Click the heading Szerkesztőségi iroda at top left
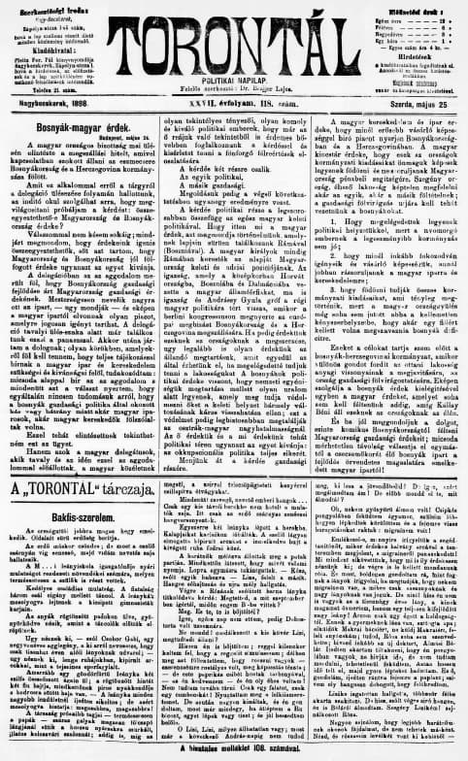[46, 9]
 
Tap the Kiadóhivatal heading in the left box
[46, 45]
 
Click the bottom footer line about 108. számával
[232, 753]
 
